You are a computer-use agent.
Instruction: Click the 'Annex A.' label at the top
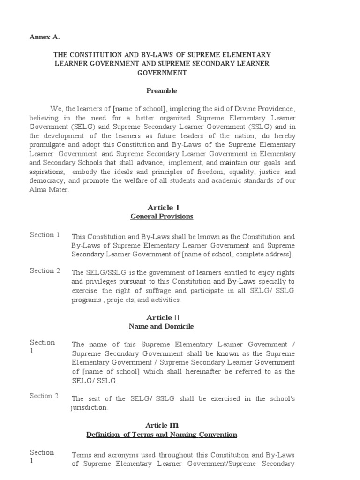coord(45,36)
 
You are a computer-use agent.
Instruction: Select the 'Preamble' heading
coord(162,90)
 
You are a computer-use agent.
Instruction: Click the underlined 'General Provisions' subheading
coord(162,217)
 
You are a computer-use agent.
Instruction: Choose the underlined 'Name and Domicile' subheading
coord(162,326)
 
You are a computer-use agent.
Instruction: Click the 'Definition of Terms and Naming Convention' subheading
coord(162,435)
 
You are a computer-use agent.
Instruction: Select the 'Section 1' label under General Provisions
coord(45,235)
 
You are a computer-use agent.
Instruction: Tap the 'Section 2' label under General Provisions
coord(45,270)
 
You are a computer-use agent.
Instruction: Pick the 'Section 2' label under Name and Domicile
coord(45,396)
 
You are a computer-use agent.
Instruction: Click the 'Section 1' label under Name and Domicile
coord(42,347)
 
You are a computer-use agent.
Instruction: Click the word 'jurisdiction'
coord(89,408)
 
